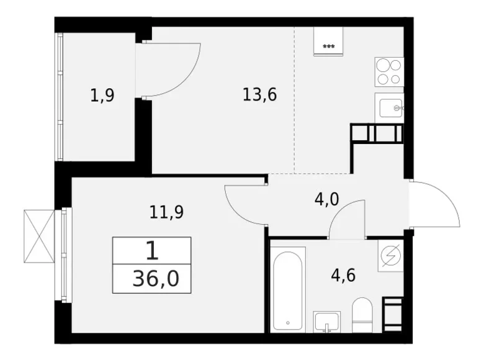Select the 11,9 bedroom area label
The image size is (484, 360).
166,212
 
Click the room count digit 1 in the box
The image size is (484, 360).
151,251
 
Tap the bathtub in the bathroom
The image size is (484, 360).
289,288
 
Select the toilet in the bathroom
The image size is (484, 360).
361,315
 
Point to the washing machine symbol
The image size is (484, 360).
390,256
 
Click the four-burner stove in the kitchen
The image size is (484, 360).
389,71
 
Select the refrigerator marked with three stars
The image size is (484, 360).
329,42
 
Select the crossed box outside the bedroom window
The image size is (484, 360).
39,236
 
